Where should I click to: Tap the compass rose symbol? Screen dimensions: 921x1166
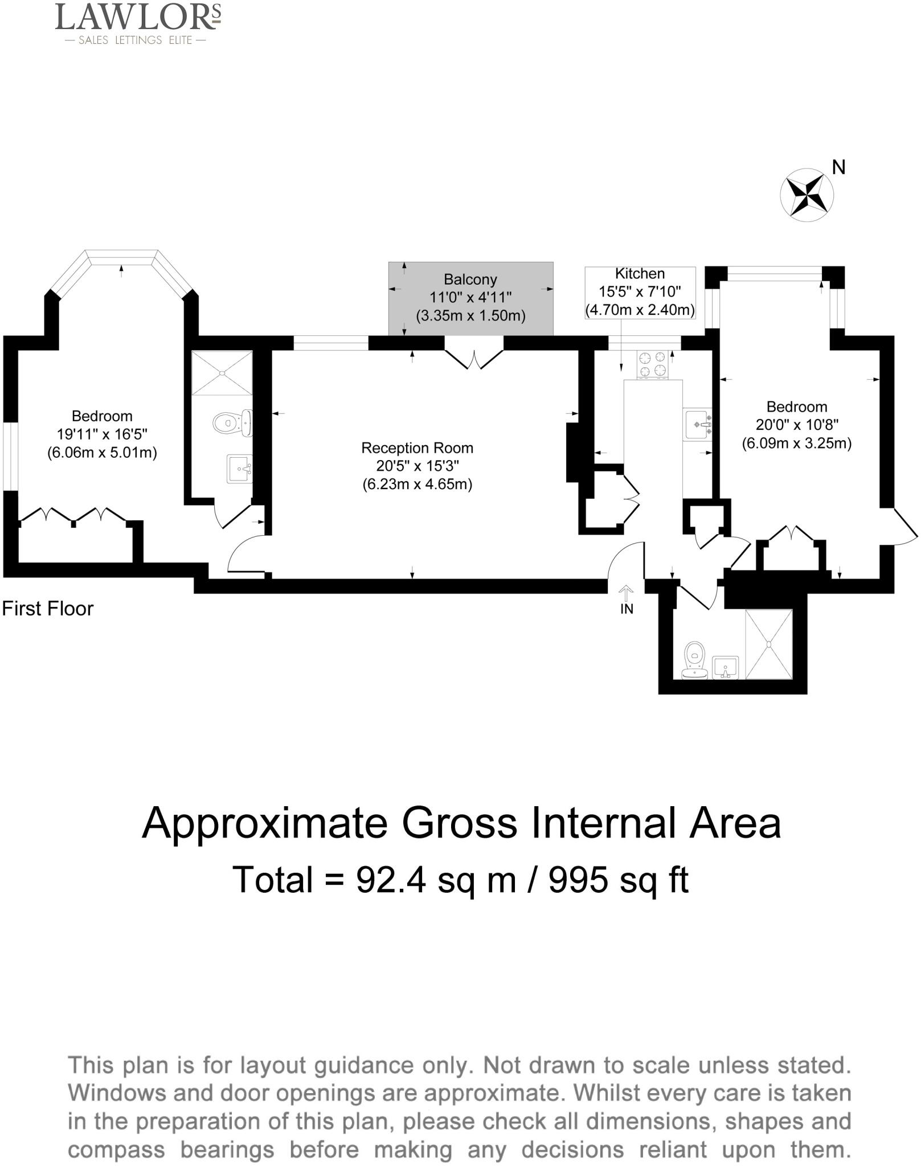807,195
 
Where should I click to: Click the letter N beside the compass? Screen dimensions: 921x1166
838,167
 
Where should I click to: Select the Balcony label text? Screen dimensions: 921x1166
470,280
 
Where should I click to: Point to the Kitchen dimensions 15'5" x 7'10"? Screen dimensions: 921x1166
640,292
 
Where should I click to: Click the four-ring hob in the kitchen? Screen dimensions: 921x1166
653,364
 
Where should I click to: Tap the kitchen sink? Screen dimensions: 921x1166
697,424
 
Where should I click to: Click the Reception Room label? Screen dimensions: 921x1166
417,448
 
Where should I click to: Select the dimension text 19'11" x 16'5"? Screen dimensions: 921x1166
102,434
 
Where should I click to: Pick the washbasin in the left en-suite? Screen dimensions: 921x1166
239,469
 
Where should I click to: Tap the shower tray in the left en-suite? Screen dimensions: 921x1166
222,373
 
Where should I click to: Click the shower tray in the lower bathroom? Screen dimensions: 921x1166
768,644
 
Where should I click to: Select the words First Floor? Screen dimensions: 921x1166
48,609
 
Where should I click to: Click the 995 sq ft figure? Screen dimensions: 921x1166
619,880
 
